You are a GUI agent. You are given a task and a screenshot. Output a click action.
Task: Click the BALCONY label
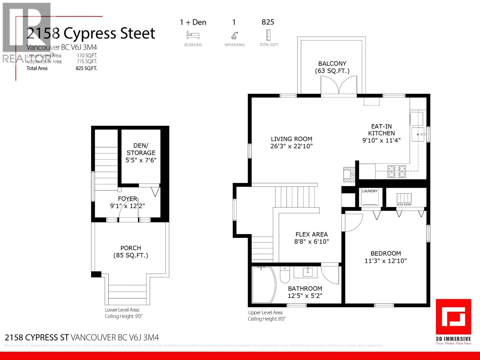tap(332, 64)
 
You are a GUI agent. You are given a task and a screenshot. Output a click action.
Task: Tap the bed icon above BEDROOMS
tap(193, 35)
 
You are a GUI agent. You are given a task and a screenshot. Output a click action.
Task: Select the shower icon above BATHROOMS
tap(234, 36)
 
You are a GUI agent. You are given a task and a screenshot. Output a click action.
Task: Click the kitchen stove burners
tap(397, 172)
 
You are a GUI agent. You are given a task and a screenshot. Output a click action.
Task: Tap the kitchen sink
tap(418, 134)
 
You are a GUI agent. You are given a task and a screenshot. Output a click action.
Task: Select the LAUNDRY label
tap(370, 191)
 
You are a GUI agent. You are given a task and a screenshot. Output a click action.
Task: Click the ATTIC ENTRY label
tap(404, 205)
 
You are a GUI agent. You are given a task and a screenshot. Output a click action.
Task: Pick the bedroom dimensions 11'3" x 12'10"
tap(385, 261)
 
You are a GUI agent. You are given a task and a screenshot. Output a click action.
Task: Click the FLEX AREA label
tap(311, 234)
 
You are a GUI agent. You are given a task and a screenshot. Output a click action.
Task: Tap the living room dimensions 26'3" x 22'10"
tap(291, 146)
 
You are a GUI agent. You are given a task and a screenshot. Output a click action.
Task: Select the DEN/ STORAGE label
tap(141, 149)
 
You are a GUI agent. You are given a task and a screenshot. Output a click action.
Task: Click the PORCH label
tap(130, 248)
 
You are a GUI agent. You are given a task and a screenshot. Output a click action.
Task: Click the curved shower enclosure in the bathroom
tap(263, 285)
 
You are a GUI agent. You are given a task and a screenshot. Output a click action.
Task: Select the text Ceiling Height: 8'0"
tap(266, 319)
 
